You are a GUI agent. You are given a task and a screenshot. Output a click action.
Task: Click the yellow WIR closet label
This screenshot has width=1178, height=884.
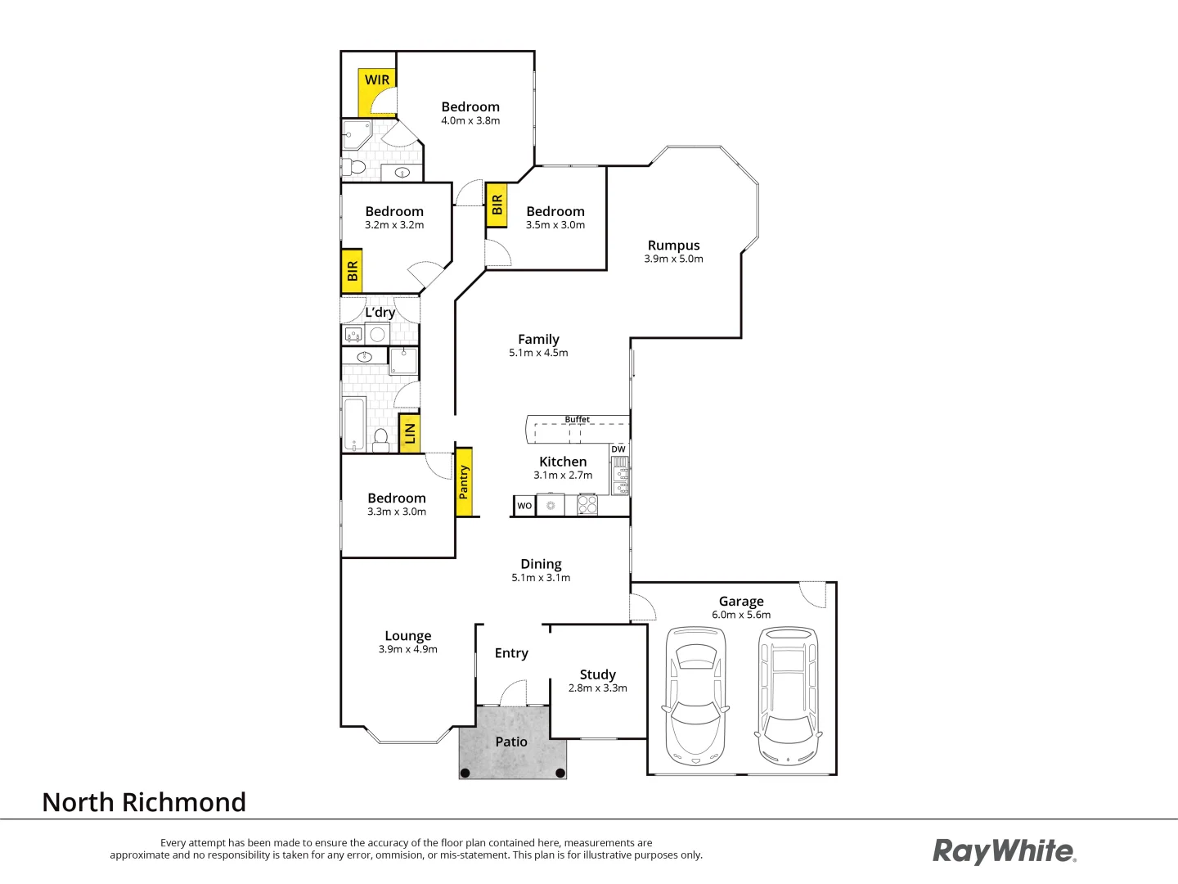[x=377, y=80]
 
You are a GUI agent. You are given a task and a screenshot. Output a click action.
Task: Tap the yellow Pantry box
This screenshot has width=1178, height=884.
[x=464, y=482]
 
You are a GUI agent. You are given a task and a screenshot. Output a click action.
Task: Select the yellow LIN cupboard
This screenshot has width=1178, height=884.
[x=410, y=434]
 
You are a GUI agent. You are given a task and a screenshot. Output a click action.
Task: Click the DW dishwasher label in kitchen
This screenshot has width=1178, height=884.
[x=618, y=449]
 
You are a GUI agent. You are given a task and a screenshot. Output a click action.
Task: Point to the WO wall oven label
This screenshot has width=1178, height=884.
[x=524, y=506]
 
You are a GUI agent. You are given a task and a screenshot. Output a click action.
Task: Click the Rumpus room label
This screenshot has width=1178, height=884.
[x=673, y=246]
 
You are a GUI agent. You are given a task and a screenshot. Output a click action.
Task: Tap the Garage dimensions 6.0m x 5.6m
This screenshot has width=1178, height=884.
[x=741, y=615]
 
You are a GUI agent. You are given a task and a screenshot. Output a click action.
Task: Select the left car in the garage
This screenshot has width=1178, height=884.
[x=695, y=696]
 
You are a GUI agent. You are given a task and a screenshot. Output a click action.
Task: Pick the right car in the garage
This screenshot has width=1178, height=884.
[x=788, y=696]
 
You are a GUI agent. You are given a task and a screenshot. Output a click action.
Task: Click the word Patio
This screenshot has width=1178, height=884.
[x=511, y=742]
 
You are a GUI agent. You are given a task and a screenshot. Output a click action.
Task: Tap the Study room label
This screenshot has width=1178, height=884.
[x=597, y=674]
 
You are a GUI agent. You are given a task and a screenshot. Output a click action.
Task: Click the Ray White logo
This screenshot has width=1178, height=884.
[x=1005, y=851]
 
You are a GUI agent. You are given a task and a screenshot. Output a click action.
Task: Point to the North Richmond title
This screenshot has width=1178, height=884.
[x=144, y=802]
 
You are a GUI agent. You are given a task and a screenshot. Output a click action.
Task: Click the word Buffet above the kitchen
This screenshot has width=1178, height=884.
[x=577, y=419]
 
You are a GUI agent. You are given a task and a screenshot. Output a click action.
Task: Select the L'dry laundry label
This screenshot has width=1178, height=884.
[x=380, y=312]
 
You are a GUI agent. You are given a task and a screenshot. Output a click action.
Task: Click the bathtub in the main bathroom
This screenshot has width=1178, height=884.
[x=354, y=424]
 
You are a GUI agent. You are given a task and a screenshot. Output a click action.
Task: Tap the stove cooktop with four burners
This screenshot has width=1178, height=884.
[x=587, y=505]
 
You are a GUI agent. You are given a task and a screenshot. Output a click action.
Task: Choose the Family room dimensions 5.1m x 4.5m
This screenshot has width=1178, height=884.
[x=538, y=353]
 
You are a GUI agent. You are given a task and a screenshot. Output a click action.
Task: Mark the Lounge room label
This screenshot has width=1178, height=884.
[x=407, y=636]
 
